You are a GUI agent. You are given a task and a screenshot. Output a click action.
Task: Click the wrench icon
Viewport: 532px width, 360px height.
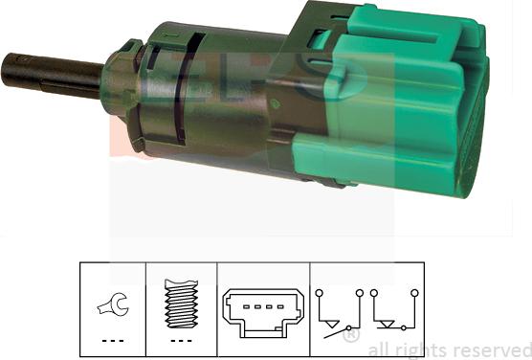click(110, 306)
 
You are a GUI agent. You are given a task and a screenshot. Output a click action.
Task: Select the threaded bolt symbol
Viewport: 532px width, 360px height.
click(182, 304)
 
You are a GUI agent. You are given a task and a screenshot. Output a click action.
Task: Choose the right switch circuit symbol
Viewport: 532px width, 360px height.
click(393, 311)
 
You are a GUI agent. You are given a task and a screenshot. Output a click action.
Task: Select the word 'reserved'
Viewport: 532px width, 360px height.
click(494, 349)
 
